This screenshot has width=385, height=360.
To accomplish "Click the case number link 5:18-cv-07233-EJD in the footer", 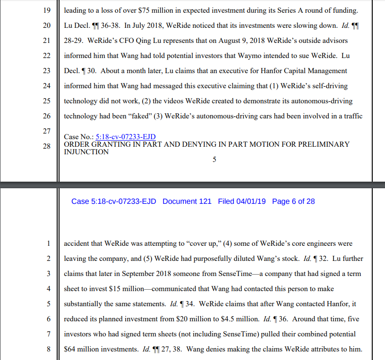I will [x=126, y=137].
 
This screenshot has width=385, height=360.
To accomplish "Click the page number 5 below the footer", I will [x=214, y=160].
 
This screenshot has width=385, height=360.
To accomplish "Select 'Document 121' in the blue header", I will [x=187, y=201].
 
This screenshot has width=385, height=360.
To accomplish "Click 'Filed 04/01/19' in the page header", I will [x=242, y=201].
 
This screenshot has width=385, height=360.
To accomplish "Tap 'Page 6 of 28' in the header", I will [x=293, y=201].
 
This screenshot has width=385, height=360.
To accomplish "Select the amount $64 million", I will [x=83, y=349].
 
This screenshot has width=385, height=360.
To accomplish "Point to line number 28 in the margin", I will [x=46, y=146].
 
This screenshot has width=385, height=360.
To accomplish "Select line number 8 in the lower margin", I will [x=48, y=349].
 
